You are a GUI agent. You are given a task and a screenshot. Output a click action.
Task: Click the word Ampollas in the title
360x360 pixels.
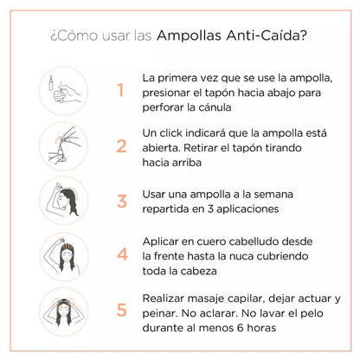(189, 35)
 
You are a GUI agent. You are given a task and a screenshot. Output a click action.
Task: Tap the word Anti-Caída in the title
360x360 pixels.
(266, 35)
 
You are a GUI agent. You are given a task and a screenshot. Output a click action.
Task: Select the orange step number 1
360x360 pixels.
(121, 90)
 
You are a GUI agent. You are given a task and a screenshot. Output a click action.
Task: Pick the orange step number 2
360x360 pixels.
(121, 146)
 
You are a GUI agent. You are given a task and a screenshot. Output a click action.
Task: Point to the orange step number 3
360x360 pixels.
(122, 201)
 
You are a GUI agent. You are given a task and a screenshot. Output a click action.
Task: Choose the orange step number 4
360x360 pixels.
(122, 254)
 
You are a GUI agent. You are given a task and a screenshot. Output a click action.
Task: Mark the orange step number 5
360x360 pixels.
(122, 310)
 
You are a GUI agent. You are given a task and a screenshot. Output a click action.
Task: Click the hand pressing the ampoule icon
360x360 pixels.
(63, 91)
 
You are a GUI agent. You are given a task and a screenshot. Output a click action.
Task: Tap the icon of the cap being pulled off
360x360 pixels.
(63, 146)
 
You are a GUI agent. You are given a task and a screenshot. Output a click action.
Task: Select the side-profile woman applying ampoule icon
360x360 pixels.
(63, 201)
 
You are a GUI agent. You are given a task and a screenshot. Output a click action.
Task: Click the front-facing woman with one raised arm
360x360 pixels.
(64, 256)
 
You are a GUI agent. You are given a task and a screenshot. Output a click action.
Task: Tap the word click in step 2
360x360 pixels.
(170, 133)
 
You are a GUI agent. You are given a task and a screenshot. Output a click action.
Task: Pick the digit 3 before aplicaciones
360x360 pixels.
(210, 209)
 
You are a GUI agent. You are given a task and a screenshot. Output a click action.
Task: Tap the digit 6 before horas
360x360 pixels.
(241, 328)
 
